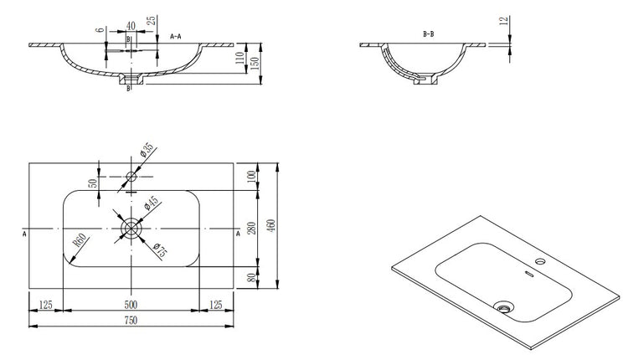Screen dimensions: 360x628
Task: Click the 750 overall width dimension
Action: (131, 321)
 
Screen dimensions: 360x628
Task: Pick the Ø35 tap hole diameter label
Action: (145, 152)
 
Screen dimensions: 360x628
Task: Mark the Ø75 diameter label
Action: (157, 249)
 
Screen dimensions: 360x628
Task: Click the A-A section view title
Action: (178, 37)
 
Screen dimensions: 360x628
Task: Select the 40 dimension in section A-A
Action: (130, 26)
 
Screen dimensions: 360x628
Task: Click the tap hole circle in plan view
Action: (131, 177)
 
